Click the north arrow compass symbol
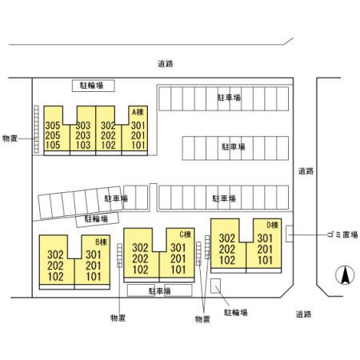click(345, 275)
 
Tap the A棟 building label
click(138, 112)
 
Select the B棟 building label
click(102, 242)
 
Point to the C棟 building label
click(186, 234)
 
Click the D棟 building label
click(273, 225)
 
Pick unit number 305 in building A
click(53, 126)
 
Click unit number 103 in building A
click(83, 146)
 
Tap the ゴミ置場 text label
click(342, 234)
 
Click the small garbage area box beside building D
click(290, 234)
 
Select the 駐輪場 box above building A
click(94, 86)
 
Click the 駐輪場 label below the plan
click(236, 313)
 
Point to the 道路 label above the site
click(166, 64)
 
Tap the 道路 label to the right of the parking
click(306, 171)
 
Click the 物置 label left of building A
click(10, 138)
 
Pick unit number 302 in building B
click(55, 254)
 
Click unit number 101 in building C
click(178, 270)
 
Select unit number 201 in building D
click(265, 250)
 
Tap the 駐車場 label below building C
click(159, 291)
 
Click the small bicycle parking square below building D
click(215, 286)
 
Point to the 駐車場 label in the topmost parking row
click(230, 98)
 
